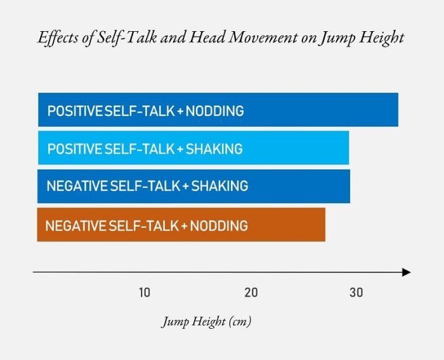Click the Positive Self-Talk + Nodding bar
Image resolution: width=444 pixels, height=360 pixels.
click(317, 110)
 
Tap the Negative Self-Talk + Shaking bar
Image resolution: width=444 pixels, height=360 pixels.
click(298, 186)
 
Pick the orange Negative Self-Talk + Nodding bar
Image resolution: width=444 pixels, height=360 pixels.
click(285, 225)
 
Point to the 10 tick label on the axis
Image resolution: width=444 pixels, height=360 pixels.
click(145, 292)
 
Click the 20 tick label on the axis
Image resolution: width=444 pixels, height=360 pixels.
click(251, 292)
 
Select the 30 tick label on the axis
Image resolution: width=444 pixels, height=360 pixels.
click(356, 292)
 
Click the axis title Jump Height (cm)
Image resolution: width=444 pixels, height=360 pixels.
click(206, 321)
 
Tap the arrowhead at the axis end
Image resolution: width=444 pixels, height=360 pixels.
click(406, 272)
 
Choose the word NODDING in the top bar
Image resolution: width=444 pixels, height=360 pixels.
click(216, 111)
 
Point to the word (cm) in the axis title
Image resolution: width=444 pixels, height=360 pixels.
click(240, 321)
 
